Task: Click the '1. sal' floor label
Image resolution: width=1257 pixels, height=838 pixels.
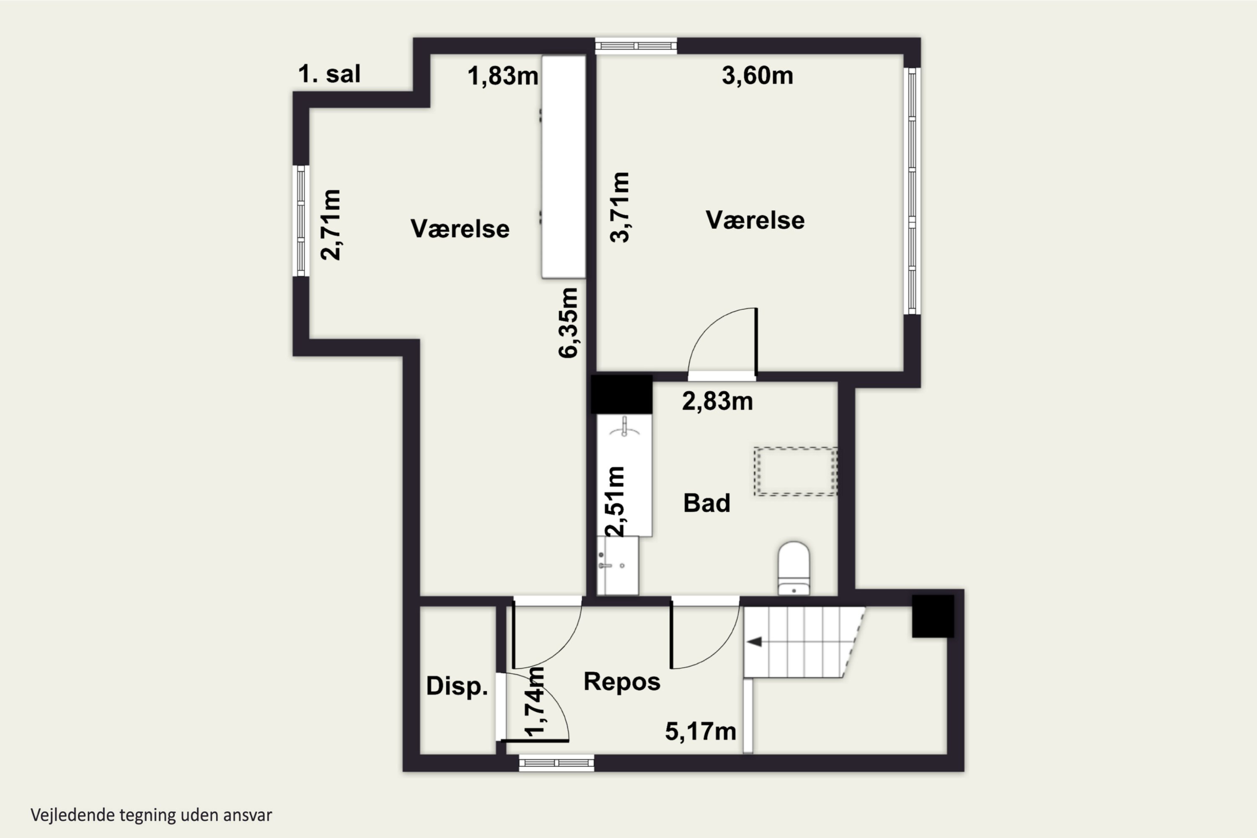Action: (329, 74)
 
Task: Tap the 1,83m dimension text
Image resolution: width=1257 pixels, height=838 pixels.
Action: (503, 76)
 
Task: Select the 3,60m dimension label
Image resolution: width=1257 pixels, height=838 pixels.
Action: (757, 75)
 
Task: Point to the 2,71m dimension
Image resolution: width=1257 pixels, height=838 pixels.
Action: (330, 225)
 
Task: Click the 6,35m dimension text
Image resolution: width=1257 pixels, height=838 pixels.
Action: (568, 322)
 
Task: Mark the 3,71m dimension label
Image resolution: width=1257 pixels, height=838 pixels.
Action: (620, 207)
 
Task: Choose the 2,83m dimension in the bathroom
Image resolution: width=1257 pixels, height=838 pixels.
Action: (717, 401)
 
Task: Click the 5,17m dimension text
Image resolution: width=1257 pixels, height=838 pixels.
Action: (701, 731)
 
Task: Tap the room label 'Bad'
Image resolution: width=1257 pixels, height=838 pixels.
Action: (706, 503)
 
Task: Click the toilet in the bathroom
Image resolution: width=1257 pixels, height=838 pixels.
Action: (794, 568)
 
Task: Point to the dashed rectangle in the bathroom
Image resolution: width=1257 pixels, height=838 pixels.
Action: (795, 471)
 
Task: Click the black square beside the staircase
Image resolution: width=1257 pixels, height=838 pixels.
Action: (933, 616)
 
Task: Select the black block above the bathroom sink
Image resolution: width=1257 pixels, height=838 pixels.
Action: (621, 394)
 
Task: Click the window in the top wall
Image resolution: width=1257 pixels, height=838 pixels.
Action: (636, 46)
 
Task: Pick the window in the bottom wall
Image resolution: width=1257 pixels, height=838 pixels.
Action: (556, 763)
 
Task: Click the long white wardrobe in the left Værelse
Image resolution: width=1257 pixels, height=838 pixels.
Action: (564, 167)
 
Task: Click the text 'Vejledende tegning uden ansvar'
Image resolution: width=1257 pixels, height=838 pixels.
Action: (151, 815)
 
